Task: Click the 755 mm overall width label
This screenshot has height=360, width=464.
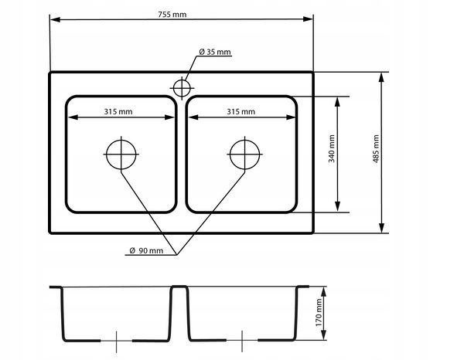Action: click(x=172, y=14)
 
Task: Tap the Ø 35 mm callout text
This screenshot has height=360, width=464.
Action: click(x=215, y=52)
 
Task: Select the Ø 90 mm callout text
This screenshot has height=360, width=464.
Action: click(x=146, y=250)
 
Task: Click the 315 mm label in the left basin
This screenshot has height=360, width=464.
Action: click(x=118, y=112)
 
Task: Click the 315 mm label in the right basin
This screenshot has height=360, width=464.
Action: click(x=241, y=112)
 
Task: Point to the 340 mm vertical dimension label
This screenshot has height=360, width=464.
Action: click(x=332, y=148)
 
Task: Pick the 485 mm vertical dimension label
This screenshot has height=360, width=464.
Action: click(x=376, y=148)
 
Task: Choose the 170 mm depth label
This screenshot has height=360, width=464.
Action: click(x=319, y=312)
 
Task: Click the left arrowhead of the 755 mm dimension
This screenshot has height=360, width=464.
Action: click(x=55, y=19)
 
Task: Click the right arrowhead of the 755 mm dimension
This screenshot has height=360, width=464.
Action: click(x=309, y=19)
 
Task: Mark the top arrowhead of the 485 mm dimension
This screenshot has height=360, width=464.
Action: click(x=382, y=77)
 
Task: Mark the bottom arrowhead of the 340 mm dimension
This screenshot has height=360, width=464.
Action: click(x=338, y=206)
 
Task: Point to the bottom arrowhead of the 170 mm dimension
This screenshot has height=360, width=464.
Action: click(x=324, y=335)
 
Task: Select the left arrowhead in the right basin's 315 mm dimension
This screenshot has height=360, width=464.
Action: click(x=193, y=117)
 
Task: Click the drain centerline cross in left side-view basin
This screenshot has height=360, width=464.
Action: click(x=116, y=341)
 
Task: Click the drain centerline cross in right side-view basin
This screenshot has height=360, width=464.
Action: click(x=242, y=341)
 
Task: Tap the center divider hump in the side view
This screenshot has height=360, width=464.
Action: click(x=179, y=287)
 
